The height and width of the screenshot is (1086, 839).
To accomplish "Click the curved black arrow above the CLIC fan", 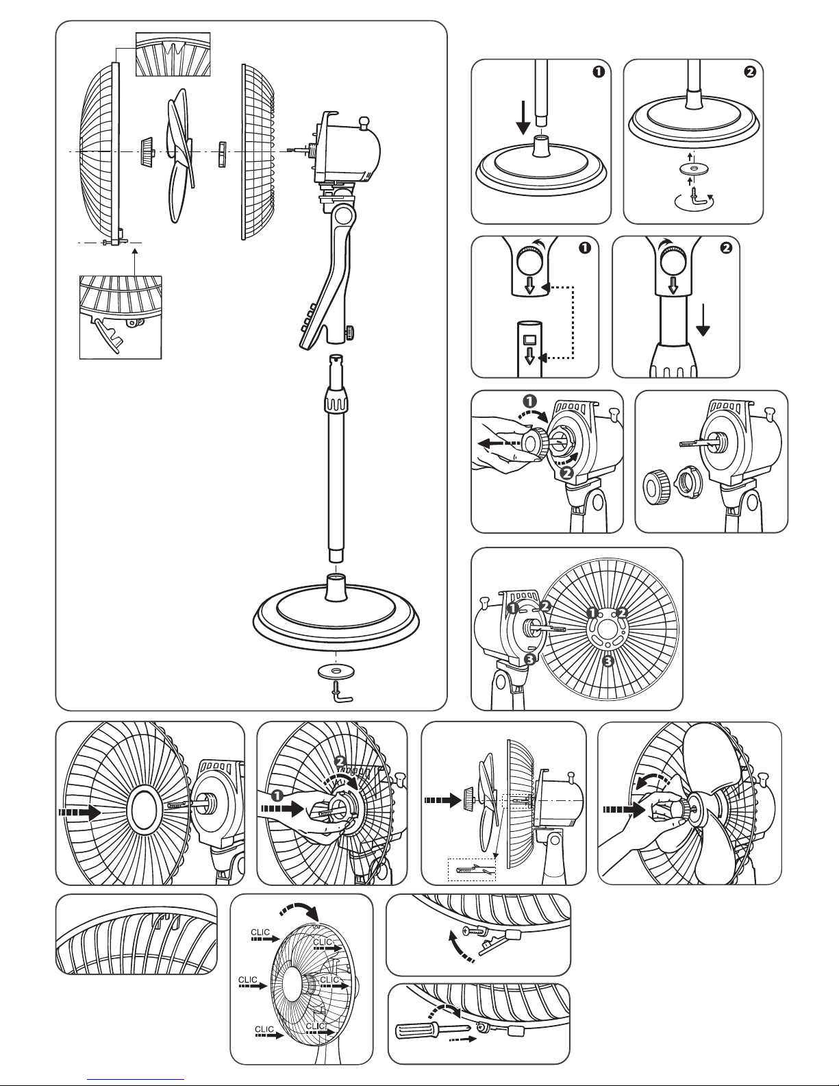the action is pyautogui.click(x=301, y=911).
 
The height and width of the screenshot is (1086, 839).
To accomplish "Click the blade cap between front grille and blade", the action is pyautogui.click(x=146, y=151).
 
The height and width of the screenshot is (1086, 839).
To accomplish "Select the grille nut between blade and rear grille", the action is pyautogui.click(x=222, y=153).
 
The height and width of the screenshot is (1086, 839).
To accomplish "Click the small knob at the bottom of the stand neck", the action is pyautogui.click(x=349, y=334).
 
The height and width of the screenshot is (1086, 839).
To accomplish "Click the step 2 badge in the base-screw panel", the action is pyautogui.click(x=750, y=74).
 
